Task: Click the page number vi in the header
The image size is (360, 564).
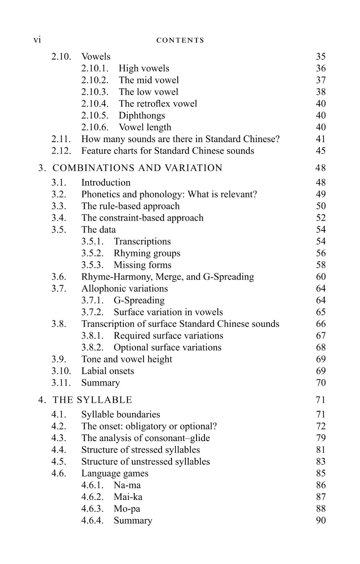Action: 37,40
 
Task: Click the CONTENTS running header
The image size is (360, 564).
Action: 180,40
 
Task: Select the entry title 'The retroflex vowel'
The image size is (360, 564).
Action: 157,103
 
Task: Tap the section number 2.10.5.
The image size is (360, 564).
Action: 95,115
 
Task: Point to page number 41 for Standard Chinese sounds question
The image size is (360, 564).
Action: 321,139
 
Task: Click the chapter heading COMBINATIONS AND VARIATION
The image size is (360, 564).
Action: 137,168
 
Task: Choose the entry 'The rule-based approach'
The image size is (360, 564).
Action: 130,206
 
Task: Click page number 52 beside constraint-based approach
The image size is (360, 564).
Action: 321,218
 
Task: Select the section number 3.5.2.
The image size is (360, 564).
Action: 92,253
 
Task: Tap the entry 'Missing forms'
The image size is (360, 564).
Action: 142,265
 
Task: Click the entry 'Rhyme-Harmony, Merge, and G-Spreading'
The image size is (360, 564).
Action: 168,277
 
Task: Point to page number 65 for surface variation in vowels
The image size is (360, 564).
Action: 321,312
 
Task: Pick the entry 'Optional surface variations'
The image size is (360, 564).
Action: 168,347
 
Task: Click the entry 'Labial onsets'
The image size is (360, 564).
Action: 108,371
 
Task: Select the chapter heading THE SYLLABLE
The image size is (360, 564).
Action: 92,400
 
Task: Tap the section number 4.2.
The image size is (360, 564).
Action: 59,426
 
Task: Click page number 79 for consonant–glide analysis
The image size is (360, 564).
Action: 321,438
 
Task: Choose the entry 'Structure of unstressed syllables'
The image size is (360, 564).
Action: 145,462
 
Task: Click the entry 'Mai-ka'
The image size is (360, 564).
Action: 128,497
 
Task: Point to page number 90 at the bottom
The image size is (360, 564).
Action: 321,520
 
